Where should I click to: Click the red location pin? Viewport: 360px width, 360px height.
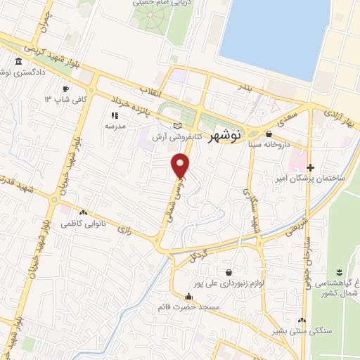[181, 166]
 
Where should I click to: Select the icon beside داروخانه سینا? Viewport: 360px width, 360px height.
[269, 134]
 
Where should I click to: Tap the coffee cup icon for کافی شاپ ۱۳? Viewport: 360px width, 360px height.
[66, 89]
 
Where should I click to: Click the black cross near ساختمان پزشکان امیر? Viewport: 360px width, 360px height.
[310, 167]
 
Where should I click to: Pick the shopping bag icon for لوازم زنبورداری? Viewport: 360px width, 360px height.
[229, 272]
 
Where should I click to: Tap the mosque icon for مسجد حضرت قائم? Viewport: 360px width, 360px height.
[188, 297]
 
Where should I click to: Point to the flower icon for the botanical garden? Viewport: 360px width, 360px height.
[339, 272]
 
